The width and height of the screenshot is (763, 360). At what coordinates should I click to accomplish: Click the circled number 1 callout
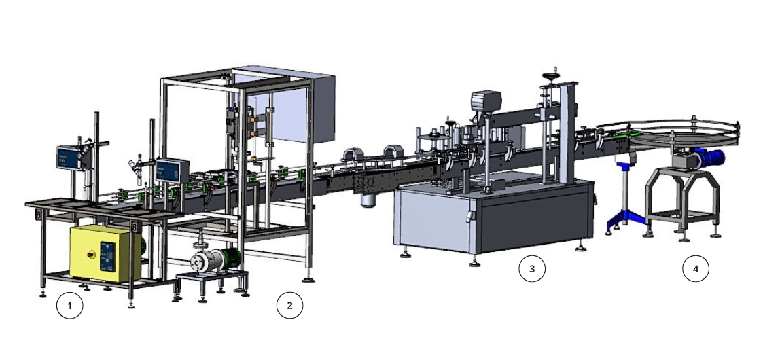pyautogui.click(x=69, y=306)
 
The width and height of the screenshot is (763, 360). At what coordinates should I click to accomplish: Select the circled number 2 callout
pyautogui.click(x=289, y=306)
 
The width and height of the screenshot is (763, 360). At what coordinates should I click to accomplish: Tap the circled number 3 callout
pyautogui.click(x=532, y=269)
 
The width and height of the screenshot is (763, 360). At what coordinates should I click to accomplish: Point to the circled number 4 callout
pyautogui.click(x=695, y=269)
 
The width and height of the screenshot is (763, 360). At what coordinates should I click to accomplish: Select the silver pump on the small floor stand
pyautogui.click(x=205, y=261)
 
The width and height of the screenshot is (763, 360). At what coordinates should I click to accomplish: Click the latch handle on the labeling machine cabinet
pyautogui.click(x=468, y=216)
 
